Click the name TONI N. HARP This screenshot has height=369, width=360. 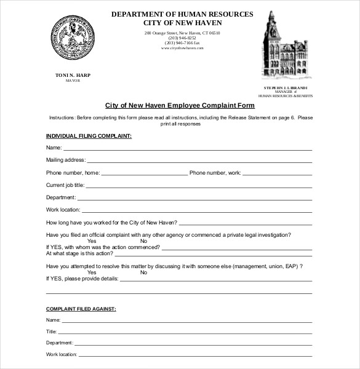73,74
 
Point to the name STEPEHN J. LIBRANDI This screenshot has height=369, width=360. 285,88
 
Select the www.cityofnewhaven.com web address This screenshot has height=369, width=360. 182,48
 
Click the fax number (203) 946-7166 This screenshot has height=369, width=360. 182,42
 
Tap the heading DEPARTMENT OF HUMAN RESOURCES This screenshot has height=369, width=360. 182,14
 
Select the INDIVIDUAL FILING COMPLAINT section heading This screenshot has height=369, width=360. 89,135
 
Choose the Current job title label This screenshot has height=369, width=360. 65,184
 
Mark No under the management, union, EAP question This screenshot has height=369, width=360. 143,272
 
